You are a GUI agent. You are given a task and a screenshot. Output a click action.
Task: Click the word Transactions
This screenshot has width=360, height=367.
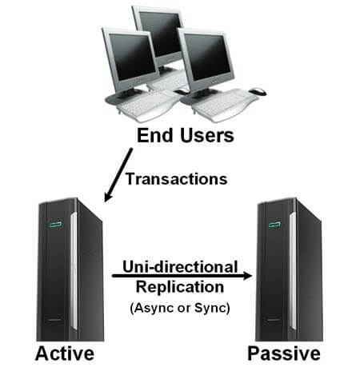[176, 179]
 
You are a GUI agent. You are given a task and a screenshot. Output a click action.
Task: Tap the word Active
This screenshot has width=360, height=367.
[65, 353]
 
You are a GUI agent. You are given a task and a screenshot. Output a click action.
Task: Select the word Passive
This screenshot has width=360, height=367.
[284, 353]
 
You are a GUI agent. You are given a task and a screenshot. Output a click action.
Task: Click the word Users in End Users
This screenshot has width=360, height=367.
[207, 135]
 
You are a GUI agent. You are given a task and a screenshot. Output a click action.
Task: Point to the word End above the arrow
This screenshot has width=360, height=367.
[155, 135]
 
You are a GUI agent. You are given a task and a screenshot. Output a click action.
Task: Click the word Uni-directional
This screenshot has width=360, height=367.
[180, 266]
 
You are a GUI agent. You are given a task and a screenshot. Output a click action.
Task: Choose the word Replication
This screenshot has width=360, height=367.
[180, 287]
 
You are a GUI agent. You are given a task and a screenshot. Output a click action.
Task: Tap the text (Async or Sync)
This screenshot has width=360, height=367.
[180, 308]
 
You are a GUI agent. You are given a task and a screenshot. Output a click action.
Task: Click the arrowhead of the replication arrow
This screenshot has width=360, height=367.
[247, 276]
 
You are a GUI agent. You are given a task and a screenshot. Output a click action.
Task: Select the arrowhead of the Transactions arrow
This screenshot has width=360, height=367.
[108, 197]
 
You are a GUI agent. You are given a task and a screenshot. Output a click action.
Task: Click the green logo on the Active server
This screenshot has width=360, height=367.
[55, 225]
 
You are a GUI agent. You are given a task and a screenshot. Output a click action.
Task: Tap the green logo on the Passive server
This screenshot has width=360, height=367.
[274, 224]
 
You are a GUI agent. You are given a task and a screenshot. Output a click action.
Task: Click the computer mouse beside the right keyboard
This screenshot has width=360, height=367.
[258, 91]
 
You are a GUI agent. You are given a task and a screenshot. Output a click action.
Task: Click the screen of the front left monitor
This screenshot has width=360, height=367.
[132, 57]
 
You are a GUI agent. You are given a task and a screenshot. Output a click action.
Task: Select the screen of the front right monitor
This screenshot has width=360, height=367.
[207, 58]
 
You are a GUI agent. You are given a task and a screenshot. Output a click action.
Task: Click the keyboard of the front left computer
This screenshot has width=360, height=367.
[144, 105]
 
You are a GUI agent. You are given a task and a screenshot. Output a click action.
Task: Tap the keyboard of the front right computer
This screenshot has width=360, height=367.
[225, 105]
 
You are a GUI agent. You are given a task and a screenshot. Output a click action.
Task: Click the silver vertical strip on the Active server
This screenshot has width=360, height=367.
[74, 271]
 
